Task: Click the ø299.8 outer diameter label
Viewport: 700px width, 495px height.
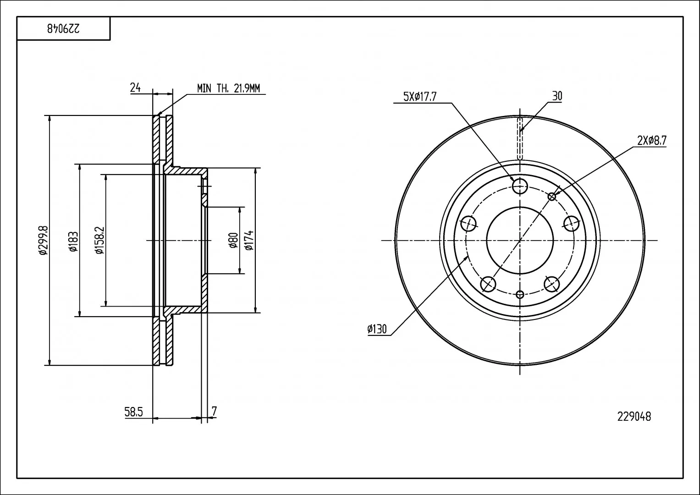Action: (x=43, y=240)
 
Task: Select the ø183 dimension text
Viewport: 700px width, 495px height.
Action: (x=73, y=241)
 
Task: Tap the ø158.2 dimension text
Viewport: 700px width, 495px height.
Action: (x=99, y=240)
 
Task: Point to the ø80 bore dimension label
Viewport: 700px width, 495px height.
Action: (x=233, y=240)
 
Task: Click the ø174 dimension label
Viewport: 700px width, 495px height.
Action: (x=249, y=240)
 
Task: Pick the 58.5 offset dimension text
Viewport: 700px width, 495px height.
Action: (x=133, y=412)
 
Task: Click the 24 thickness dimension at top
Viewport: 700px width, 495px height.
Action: (x=135, y=88)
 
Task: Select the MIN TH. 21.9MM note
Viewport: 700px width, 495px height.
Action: (x=228, y=88)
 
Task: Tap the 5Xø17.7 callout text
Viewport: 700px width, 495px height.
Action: (x=420, y=97)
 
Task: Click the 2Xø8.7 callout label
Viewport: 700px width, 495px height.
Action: (x=652, y=141)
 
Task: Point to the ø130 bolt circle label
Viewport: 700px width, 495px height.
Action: (x=377, y=329)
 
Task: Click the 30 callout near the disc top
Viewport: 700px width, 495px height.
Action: (x=557, y=96)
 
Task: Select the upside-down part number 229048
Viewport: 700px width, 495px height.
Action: (x=63, y=29)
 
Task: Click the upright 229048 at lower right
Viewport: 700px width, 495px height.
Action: (x=634, y=417)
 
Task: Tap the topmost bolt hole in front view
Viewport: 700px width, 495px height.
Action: (x=520, y=186)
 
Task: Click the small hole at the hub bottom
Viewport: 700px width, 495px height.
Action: (x=520, y=294)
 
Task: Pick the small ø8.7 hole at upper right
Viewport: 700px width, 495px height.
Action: (x=552, y=197)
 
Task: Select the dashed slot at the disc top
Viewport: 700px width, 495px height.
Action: (x=520, y=139)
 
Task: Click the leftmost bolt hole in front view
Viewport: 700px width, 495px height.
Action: (x=469, y=224)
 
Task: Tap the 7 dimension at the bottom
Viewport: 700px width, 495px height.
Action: (x=214, y=411)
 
